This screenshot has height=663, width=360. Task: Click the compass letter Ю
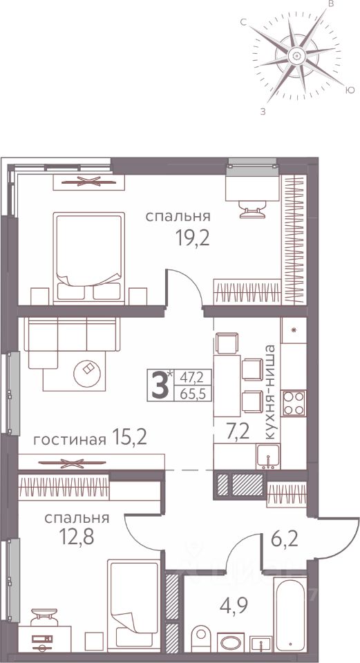pos(350,90)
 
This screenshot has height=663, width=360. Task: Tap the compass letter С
pos(244,23)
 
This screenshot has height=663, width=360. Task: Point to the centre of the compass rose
pos(296,55)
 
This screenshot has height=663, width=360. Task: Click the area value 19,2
pos(193,238)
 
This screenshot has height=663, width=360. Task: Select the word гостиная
pos(69,441)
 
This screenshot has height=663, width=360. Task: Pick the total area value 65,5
pos(193,394)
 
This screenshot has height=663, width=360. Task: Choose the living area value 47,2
pos(192,376)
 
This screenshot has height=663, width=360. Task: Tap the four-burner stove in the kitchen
pos(294,403)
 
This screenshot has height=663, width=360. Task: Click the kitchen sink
pos(268,457)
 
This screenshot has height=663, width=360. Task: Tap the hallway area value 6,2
pos(285,539)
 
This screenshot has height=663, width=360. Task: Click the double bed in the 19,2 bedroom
pos(89,258)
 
